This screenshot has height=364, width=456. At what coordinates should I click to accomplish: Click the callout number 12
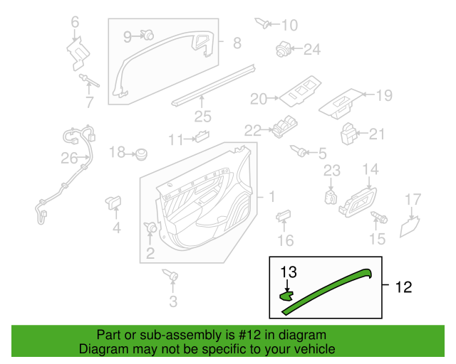(x=403, y=287)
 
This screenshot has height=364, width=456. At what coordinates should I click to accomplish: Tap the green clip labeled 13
(x=286, y=295)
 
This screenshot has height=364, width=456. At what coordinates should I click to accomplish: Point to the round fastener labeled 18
(x=142, y=153)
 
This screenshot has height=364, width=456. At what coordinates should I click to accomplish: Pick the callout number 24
(x=313, y=49)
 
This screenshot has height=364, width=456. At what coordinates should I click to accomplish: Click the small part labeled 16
(x=284, y=217)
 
